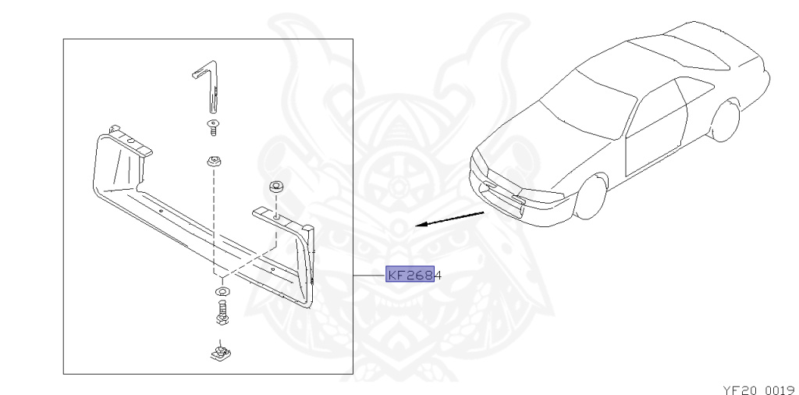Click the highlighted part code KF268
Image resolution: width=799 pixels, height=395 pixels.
tap(410, 275)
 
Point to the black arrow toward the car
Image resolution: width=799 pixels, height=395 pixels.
tap(449, 219)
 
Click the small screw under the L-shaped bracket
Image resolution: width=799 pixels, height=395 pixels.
tap(211, 126)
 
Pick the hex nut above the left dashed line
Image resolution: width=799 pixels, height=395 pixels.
tap(211, 162)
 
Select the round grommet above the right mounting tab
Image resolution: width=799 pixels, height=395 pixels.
tap(275, 187)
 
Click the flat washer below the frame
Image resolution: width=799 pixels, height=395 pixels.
tap(222, 293)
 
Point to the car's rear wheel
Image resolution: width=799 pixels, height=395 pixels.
tap(726, 121)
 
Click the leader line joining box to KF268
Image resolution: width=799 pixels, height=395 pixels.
tap(370, 276)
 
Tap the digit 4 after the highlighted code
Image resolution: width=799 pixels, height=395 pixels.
tap(438, 275)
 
